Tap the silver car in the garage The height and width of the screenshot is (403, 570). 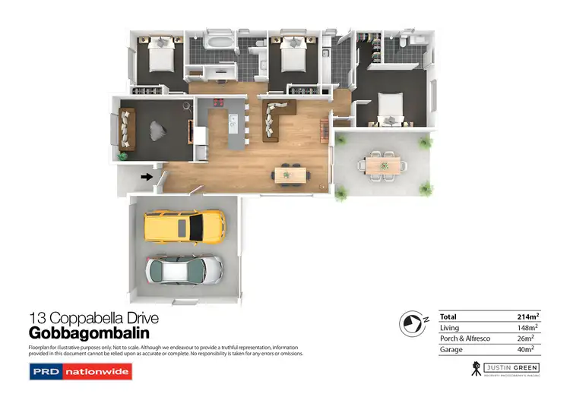[185, 269]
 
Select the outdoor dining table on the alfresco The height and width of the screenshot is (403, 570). [380, 164]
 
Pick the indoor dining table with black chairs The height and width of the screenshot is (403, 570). [290, 175]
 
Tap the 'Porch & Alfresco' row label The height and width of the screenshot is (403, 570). [464, 338]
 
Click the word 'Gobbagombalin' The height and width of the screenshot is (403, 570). [89, 333]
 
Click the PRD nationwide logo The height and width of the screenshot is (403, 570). [81, 372]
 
